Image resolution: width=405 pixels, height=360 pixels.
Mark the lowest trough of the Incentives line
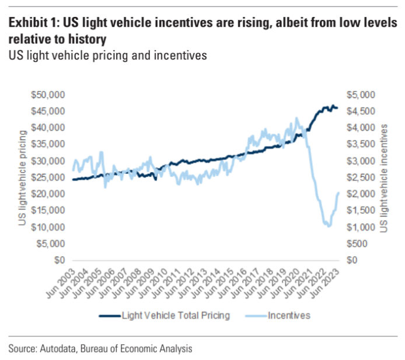pyautogui.click(x=329, y=226)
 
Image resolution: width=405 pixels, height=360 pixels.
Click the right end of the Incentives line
pyautogui.click(x=338, y=193)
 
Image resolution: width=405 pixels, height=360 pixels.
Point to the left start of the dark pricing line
pyautogui.click(x=73, y=179)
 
